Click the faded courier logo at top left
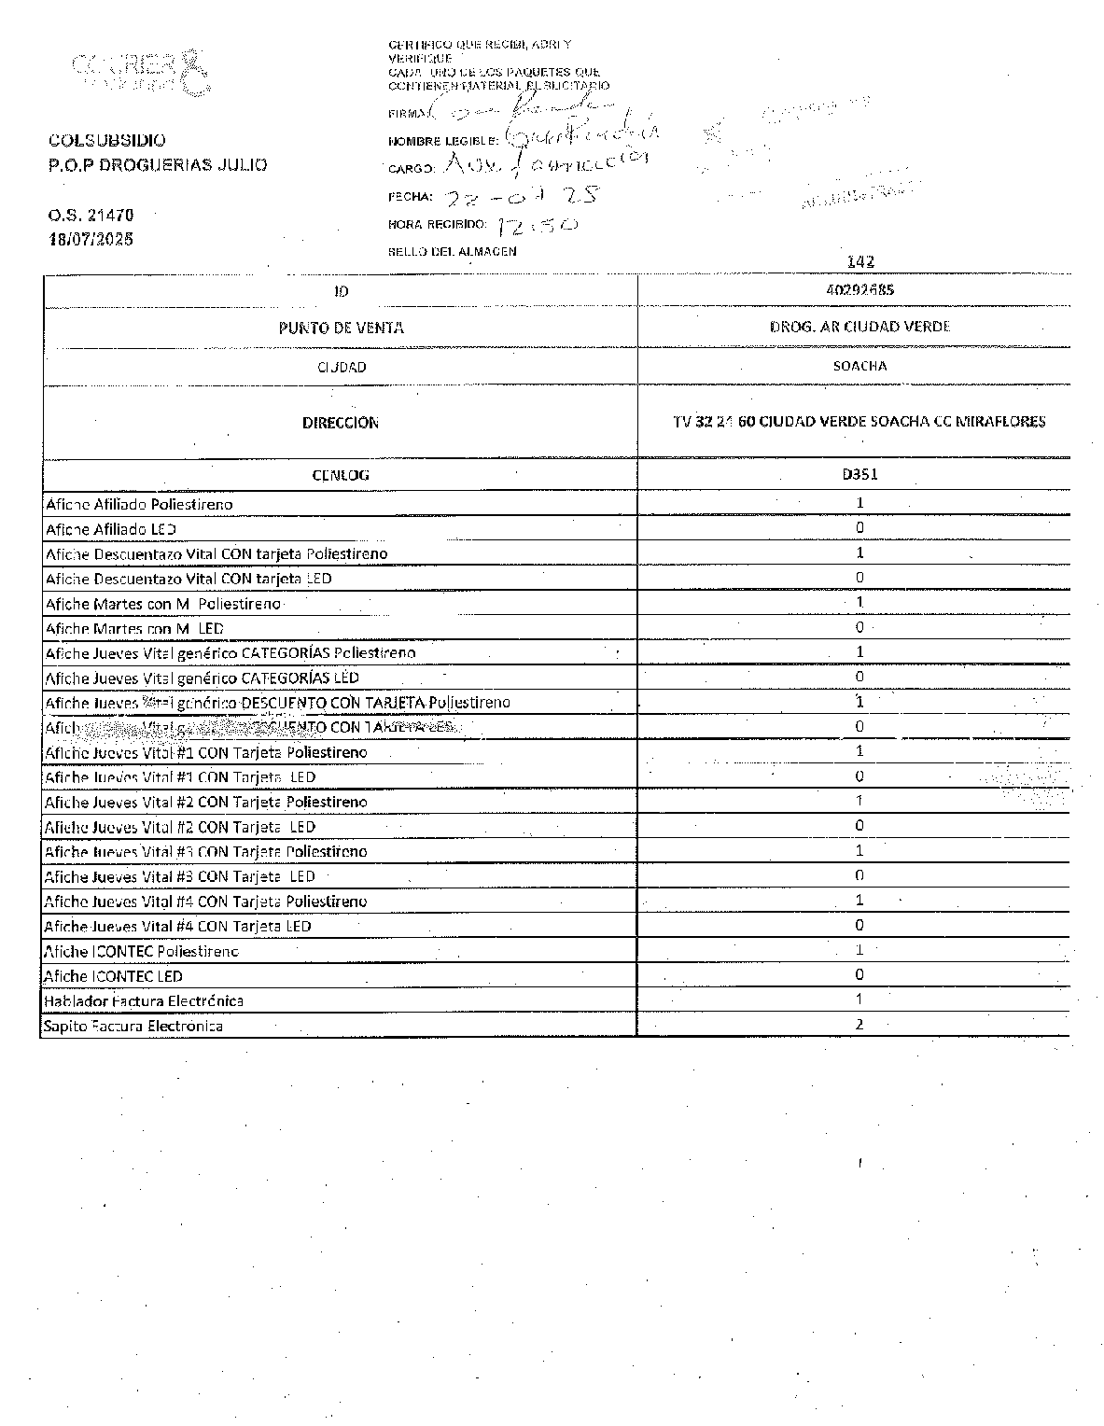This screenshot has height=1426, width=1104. (134, 71)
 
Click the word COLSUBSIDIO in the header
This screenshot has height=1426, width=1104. (106, 141)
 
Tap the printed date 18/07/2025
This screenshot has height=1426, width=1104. (91, 239)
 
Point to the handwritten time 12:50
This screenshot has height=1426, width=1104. (538, 225)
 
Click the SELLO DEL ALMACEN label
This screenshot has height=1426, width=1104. (452, 251)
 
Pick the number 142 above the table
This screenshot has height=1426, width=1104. (860, 262)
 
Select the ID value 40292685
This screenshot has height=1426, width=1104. (859, 289)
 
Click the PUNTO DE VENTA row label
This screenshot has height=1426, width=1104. (341, 328)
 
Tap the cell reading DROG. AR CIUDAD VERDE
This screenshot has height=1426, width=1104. (859, 327)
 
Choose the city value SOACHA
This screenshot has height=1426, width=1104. (859, 366)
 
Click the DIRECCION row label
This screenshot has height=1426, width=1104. (341, 423)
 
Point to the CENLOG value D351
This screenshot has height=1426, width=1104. (859, 473)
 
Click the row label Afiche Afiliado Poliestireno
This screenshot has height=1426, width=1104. (139, 504)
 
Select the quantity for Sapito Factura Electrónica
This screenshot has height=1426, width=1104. (859, 1024)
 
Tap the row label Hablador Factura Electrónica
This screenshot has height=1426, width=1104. (144, 1000)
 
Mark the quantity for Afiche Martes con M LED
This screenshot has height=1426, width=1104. (859, 627)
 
